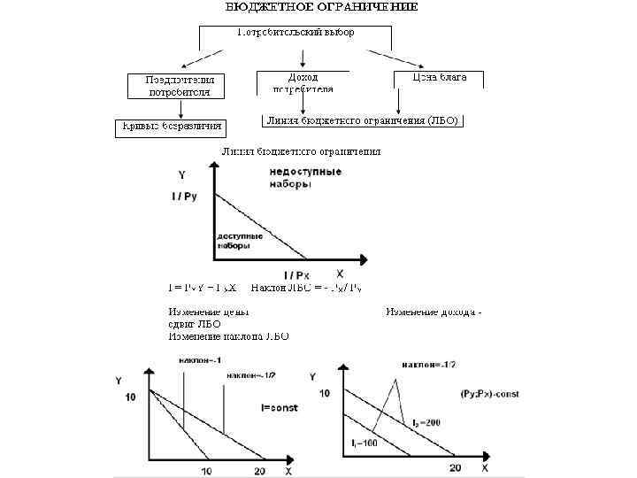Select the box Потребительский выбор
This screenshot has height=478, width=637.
(x=295, y=33)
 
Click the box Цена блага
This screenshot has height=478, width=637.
(x=440, y=79)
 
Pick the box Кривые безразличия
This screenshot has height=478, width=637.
(x=171, y=127)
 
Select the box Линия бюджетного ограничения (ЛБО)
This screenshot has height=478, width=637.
(x=364, y=120)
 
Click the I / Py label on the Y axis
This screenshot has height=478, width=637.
(x=184, y=196)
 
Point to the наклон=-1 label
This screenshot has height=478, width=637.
(x=197, y=360)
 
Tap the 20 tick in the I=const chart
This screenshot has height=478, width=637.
(x=259, y=469)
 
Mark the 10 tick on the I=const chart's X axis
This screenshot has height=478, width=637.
(x=208, y=469)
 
